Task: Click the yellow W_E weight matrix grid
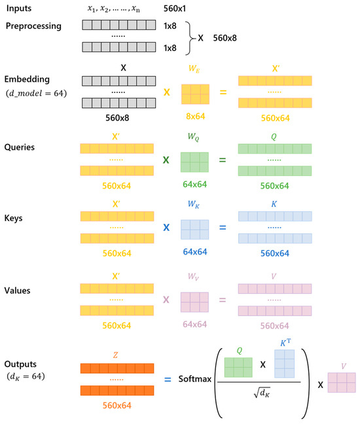tap(196, 94)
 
